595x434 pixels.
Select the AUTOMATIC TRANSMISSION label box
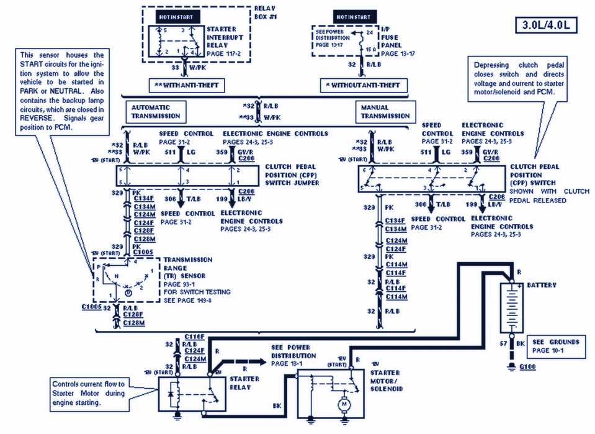(x=155, y=112)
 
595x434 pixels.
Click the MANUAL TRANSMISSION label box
(x=385, y=112)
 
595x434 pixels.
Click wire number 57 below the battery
(x=503, y=342)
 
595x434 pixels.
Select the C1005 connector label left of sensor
(x=91, y=307)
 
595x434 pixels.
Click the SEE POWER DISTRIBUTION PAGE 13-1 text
(x=293, y=355)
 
